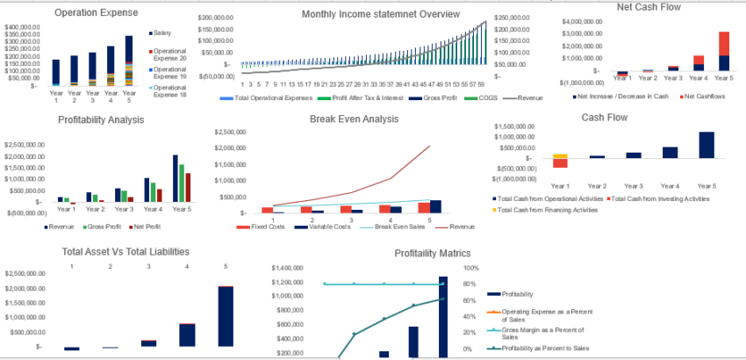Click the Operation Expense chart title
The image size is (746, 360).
coord(97,13)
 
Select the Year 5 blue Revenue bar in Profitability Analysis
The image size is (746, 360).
coord(176,179)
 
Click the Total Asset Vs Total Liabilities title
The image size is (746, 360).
coord(126,251)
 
